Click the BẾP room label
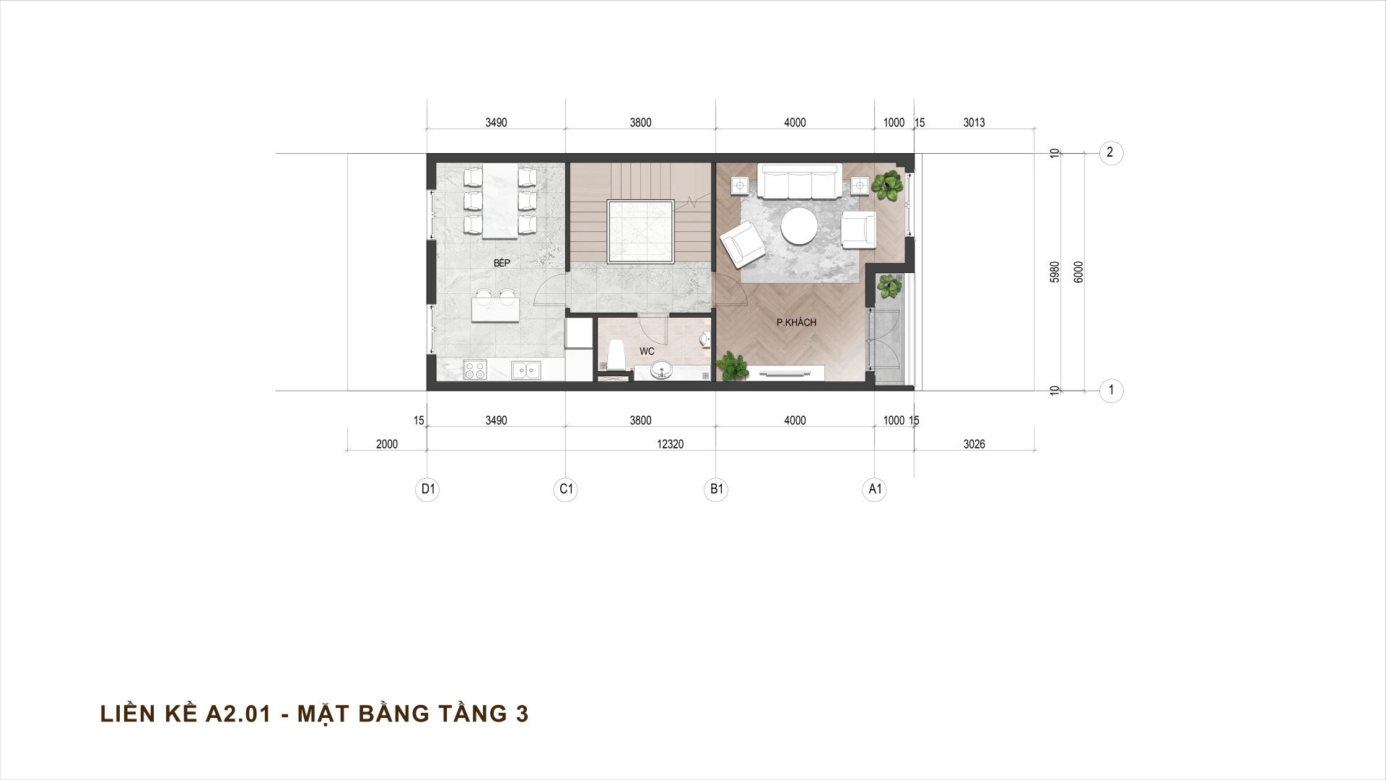pos(502,263)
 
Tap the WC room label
pos(647,352)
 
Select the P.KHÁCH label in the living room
pos(796,322)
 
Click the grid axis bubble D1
pos(428,490)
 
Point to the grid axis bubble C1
pos(566,490)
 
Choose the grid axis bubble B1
pos(716,490)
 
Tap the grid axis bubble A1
pos(875,490)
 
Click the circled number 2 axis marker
pos(1111,153)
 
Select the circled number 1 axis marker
pos(1111,391)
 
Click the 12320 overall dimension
pos(670,444)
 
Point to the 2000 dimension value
pos(387,444)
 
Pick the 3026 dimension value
pos(974,444)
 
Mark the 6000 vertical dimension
pos(1078,272)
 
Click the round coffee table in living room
pos(800,227)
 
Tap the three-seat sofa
pos(800,181)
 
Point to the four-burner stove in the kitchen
pos(475,370)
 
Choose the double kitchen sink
pos(526,370)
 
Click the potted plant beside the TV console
pos(733,366)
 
